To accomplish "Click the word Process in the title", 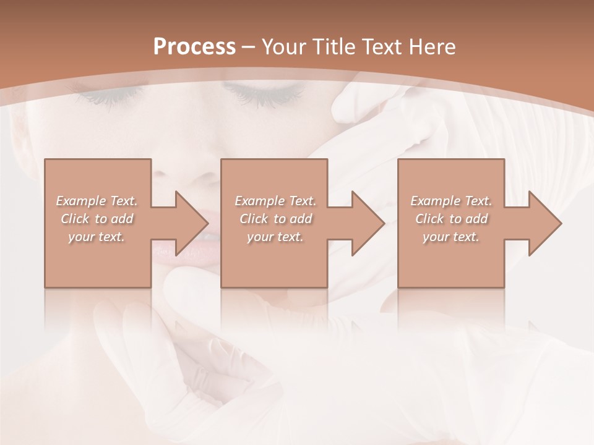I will tap(194, 47).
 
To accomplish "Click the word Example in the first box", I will tap(80, 201).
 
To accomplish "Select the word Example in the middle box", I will tap(259, 201).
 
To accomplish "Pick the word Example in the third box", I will tap(435, 201).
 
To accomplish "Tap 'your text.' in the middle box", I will tap(275, 237).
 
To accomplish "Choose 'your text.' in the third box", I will tap(450, 237).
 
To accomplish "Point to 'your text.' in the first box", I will tap(96, 237).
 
